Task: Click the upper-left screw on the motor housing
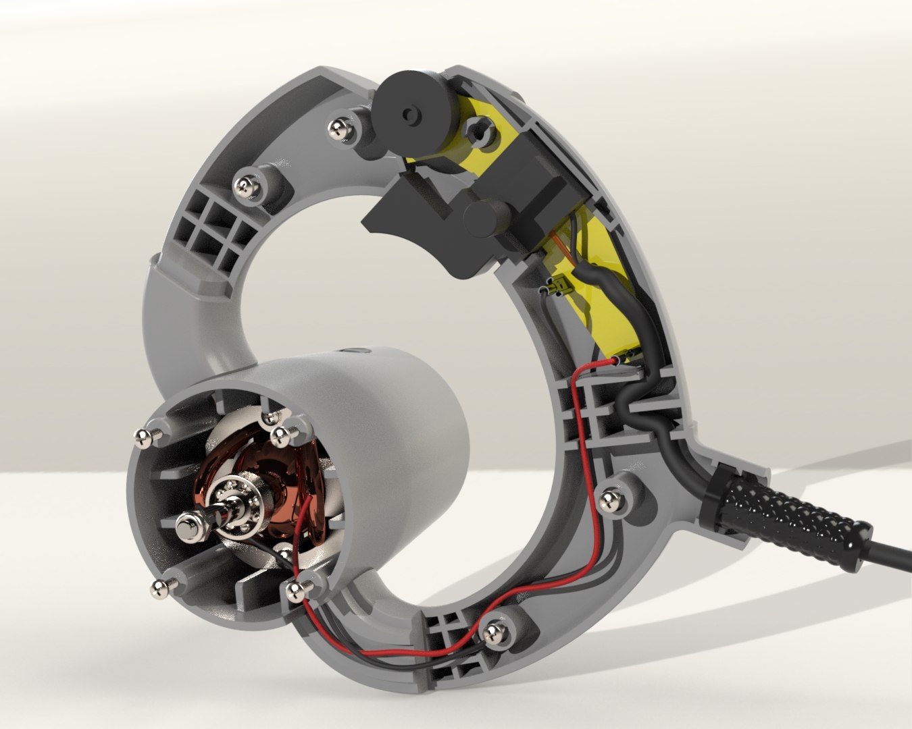pyautogui.click(x=144, y=437)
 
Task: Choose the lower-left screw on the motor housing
pyautogui.click(x=159, y=588)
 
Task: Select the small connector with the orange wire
pyautogui.click(x=557, y=288)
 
